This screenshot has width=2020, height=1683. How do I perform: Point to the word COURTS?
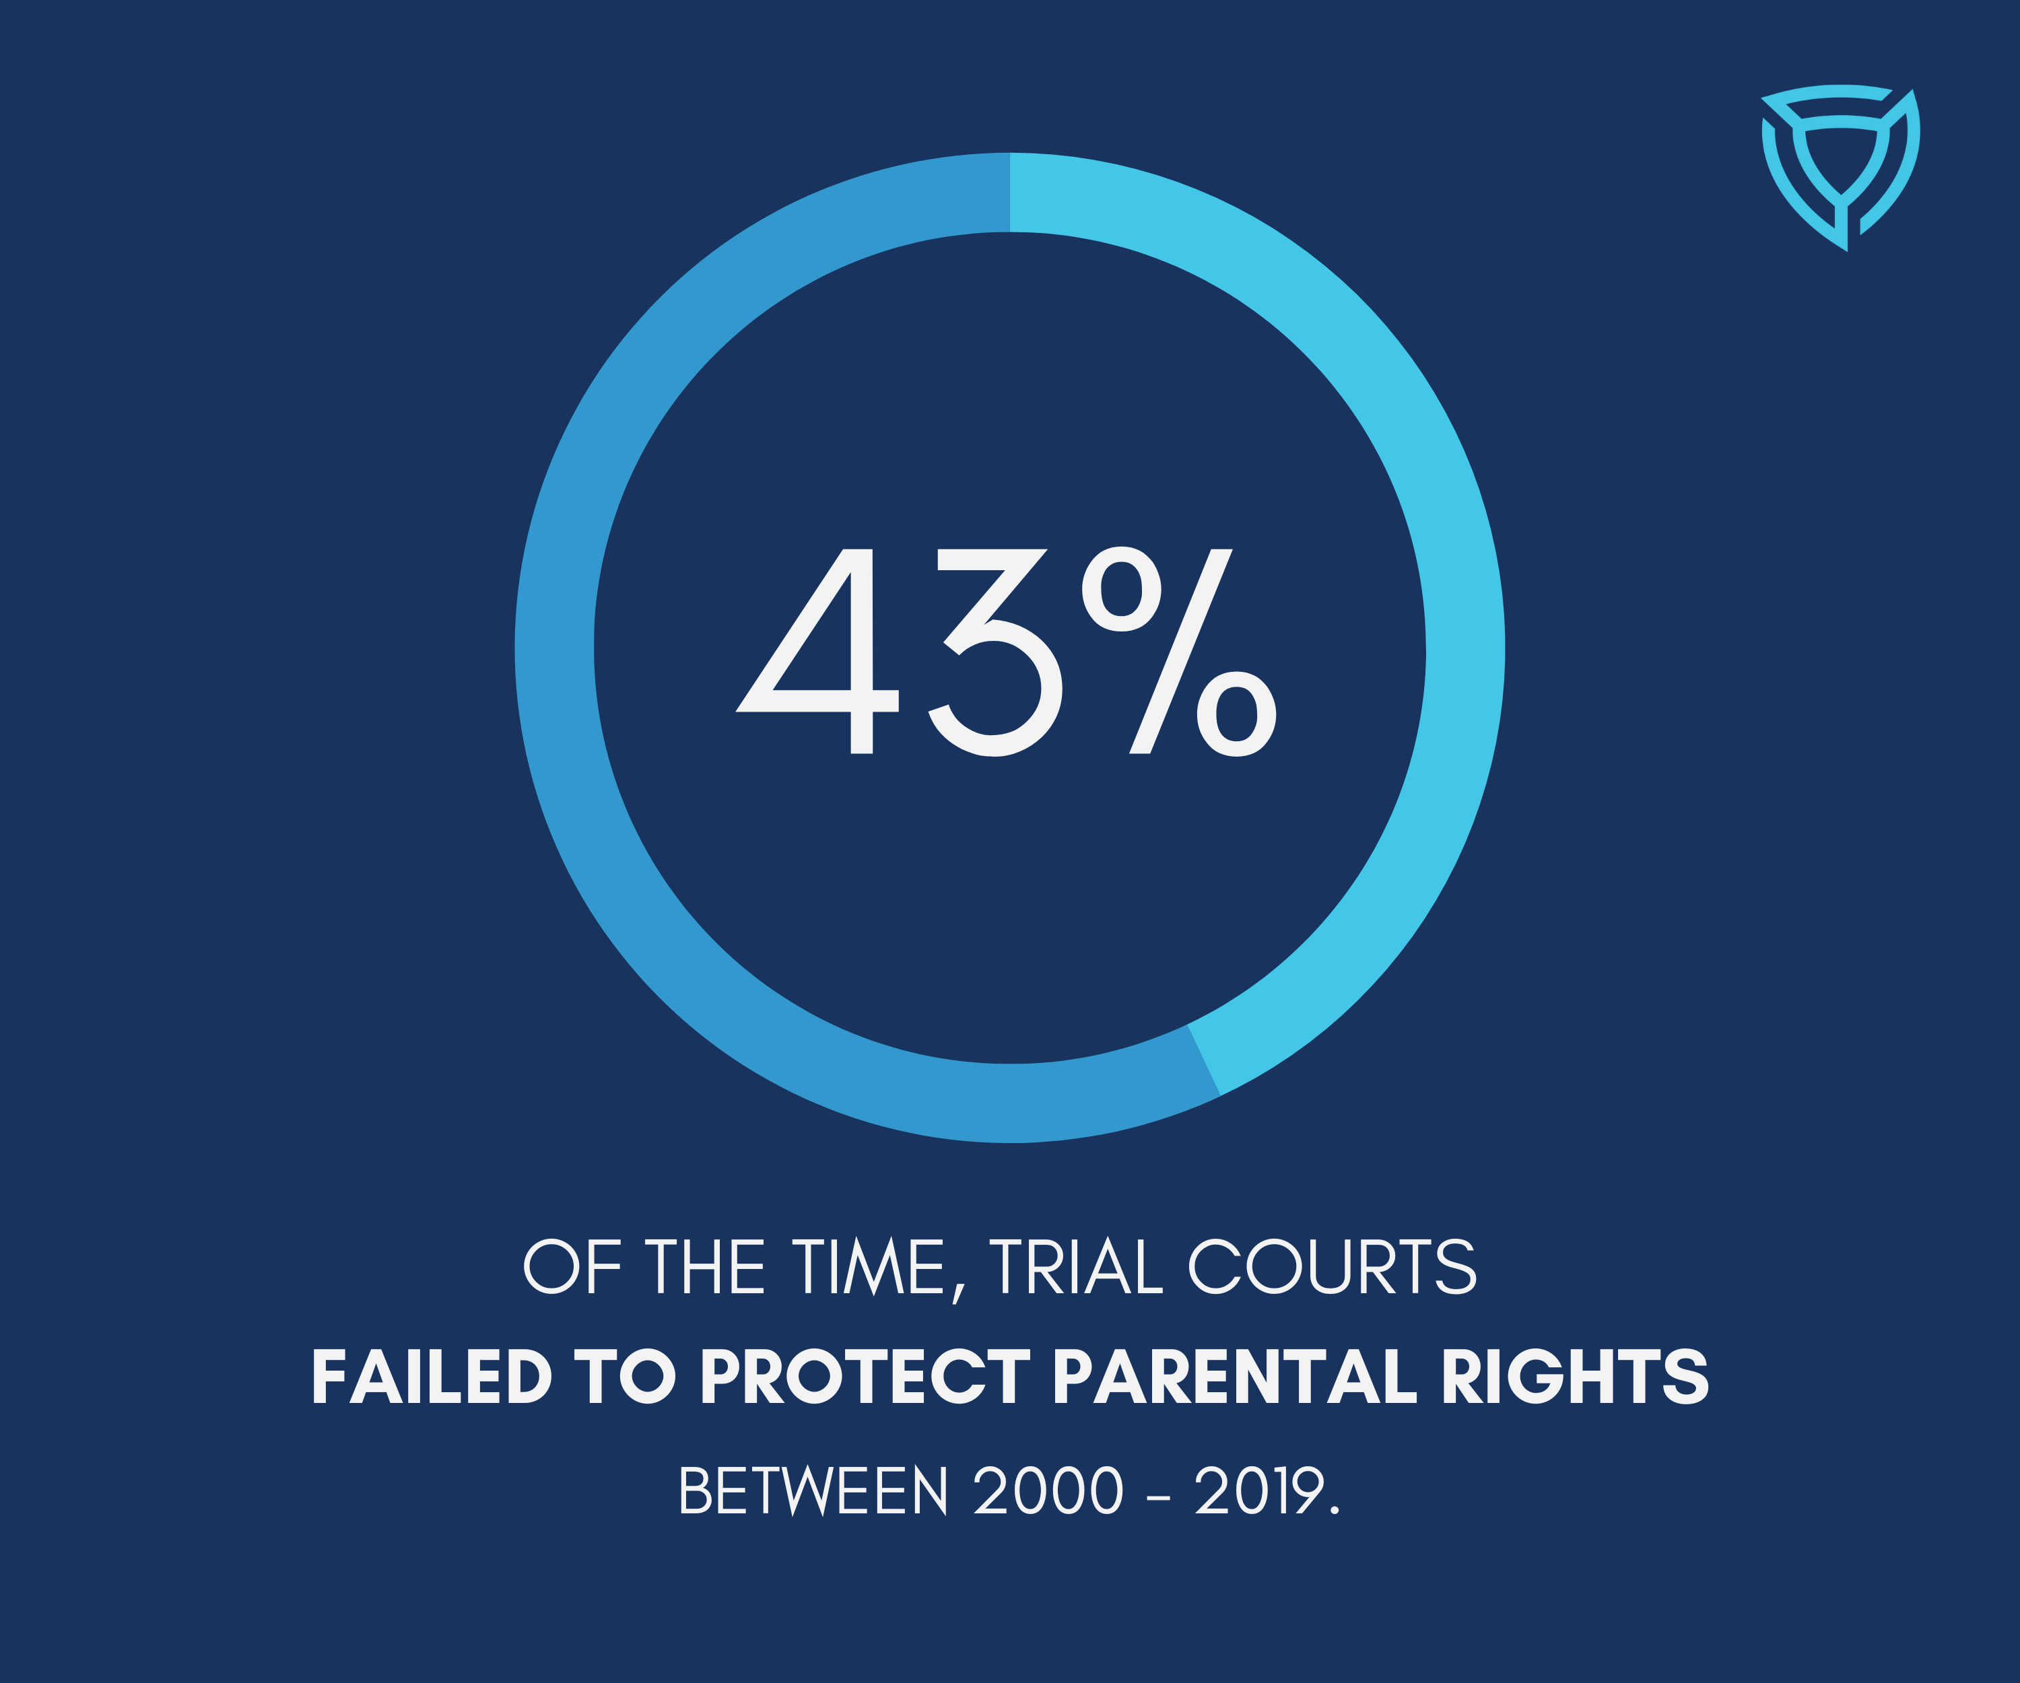coord(1333,1266)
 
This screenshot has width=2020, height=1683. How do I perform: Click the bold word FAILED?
coord(432,1376)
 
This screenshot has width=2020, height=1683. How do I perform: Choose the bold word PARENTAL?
coord(1235,1376)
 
